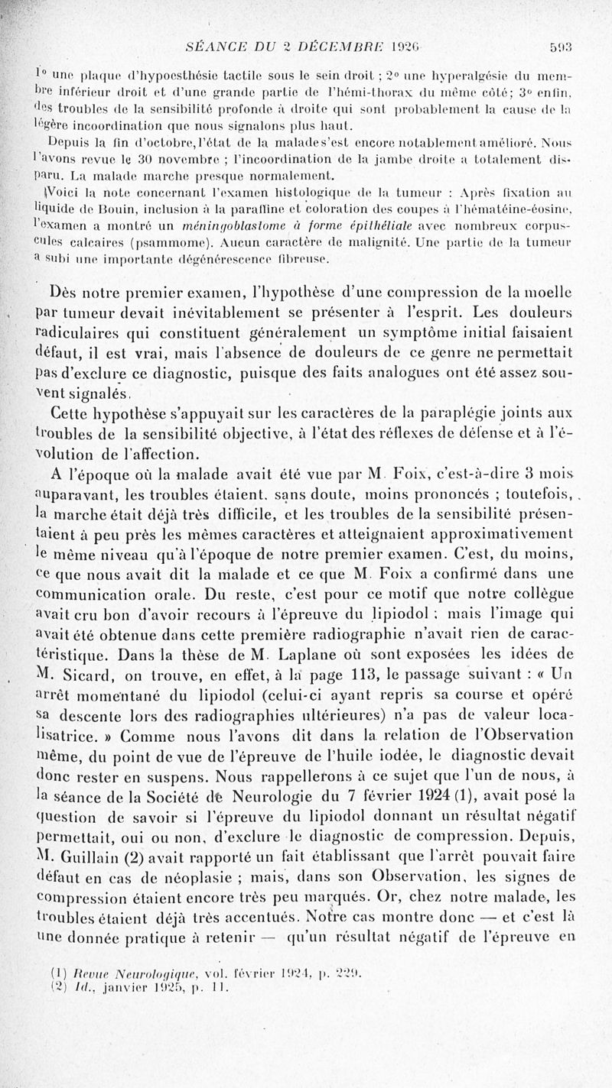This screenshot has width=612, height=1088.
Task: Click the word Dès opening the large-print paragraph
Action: coord(68,292)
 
